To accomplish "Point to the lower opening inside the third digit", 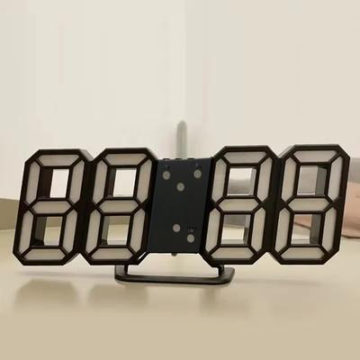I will pos(239,229).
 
